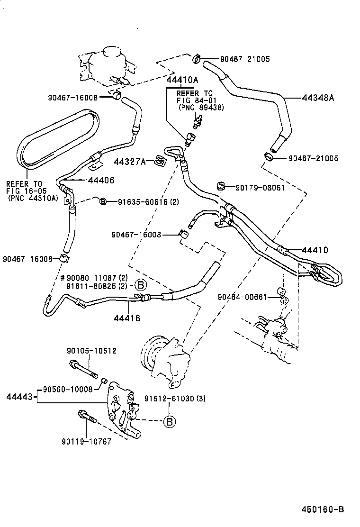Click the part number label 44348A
click(x=318, y=98)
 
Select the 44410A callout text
click(x=182, y=80)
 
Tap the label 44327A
click(x=130, y=162)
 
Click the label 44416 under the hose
click(x=126, y=318)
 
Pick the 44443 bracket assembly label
click(x=19, y=397)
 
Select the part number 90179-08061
click(x=260, y=187)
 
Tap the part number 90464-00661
click(x=242, y=297)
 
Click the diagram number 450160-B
click(x=323, y=510)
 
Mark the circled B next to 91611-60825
click(x=140, y=285)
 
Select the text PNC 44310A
click(x=32, y=198)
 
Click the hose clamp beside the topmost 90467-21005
click(x=197, y=59)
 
